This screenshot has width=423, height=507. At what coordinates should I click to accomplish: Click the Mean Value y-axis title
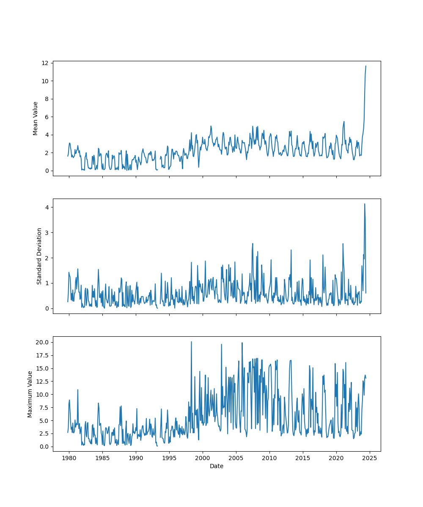tap(36, 118)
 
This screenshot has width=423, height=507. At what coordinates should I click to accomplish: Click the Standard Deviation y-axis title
tap(39, 256)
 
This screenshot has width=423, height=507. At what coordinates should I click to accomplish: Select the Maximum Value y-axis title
tap(30, 394)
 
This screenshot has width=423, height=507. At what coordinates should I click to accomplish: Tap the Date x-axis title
tap(217, 466)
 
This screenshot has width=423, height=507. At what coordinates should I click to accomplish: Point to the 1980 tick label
tap(69, 458)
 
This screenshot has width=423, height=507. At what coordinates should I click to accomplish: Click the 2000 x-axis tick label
tap(203, 458)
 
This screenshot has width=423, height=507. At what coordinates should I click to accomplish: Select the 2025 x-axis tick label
tap(370, 458)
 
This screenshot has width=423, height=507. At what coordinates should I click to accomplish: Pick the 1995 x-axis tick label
tap(169, 458)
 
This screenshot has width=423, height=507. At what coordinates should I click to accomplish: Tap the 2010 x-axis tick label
tap(269, 458)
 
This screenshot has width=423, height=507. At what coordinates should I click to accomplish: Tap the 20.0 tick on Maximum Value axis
tap(43, 342)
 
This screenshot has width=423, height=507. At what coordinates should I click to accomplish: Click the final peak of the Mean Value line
tap(366, 66)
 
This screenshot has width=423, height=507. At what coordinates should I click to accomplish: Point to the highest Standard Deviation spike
tap(365, 204)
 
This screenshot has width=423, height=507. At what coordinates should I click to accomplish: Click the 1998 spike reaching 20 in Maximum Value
tap(191, 342)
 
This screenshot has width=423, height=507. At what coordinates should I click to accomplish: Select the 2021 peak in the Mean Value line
tap(344, 122)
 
